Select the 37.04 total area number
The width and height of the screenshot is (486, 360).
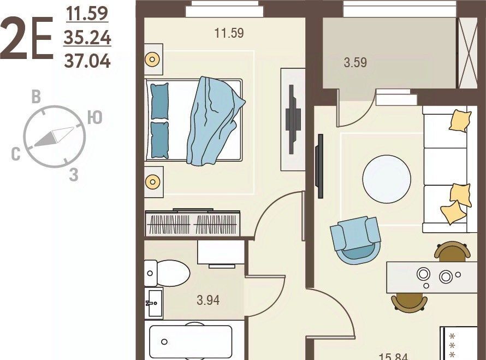(87, 61)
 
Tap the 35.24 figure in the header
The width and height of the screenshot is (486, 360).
(87, 38)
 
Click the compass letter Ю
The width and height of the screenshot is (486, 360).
(94, 117)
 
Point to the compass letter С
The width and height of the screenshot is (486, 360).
(16, 154)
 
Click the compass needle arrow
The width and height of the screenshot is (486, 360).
(54, 137)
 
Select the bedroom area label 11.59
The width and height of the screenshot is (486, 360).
(229, 33)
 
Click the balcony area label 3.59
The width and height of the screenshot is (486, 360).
(355, 62)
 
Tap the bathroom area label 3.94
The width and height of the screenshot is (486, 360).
(208, 300)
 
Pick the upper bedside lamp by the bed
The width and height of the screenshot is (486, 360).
(152, 59)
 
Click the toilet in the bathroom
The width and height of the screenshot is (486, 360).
(167, 273)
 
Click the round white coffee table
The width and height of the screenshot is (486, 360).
(387, 179)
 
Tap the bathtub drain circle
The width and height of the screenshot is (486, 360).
(164, 342)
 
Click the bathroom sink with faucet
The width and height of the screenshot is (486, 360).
(154, 303)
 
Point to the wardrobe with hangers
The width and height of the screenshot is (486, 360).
(192, 223)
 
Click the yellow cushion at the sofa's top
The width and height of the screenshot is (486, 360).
(460, 121)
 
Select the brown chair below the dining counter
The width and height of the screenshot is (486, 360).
(409, 302)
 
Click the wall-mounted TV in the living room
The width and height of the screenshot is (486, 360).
(319, 166)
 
